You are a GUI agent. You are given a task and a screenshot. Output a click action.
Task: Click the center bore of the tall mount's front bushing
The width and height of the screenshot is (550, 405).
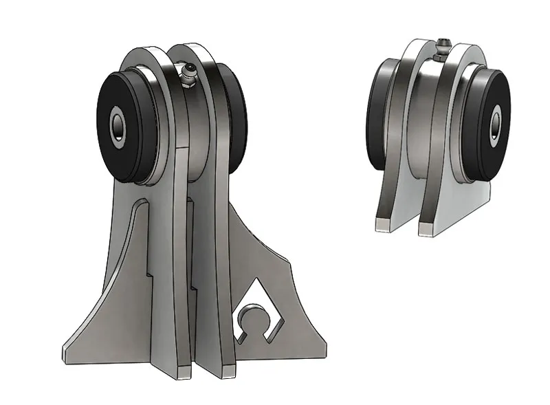point(118,125)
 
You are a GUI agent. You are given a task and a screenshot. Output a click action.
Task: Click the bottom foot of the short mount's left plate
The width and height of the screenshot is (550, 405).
point(384,223)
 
